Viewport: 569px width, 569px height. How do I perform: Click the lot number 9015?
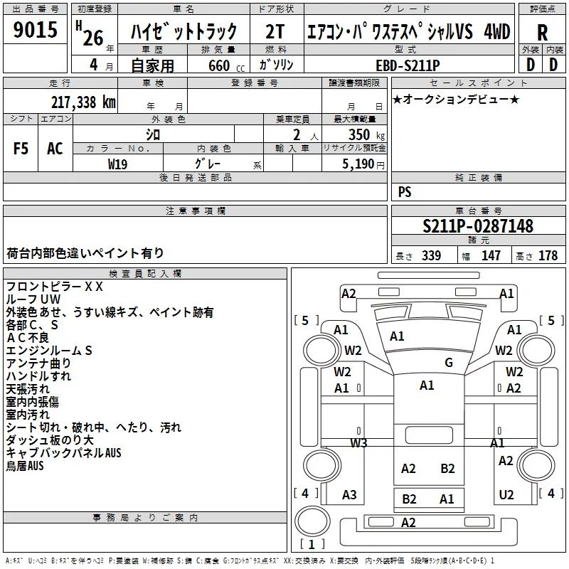pos(35,29)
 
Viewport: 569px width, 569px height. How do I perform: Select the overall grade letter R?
pos(542,33)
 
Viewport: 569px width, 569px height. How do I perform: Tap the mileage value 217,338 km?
pos(83,102)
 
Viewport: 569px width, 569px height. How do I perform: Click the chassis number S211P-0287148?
pos(478,226)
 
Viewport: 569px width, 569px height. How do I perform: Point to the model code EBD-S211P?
pos(408,65)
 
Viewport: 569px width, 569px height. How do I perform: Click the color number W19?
pos(117,164)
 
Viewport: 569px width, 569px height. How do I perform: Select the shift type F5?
pos(21,149)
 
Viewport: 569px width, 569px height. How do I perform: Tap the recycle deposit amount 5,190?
pos(358,164)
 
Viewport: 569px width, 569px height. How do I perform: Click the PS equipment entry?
pos(405,191)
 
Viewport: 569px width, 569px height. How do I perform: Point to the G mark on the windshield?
pos(449,362)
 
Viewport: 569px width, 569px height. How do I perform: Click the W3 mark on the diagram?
pos(358,442)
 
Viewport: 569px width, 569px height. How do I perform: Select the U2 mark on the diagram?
pos(506,494)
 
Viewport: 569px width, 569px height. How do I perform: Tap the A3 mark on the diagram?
pos(349,494)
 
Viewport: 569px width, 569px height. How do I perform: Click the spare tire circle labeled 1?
pos(312,521)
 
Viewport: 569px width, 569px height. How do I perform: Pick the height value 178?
pos(548,255)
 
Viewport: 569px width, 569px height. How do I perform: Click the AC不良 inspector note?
pos(28,337)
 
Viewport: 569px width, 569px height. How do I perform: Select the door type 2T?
pos(275,32)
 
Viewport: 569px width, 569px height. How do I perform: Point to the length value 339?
pos(432,255)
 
